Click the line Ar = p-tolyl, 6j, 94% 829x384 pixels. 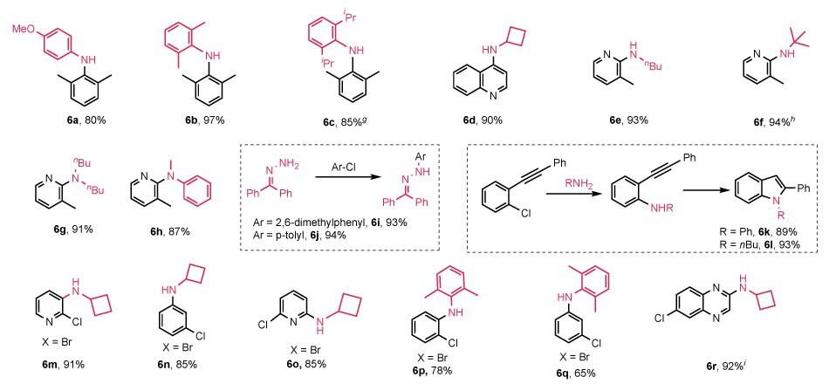[x=297, y=236]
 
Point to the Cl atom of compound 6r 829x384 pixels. [x=660, y=318]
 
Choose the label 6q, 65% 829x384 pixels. [x=580, y=374]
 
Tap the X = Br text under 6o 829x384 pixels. [x=306, y=350]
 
